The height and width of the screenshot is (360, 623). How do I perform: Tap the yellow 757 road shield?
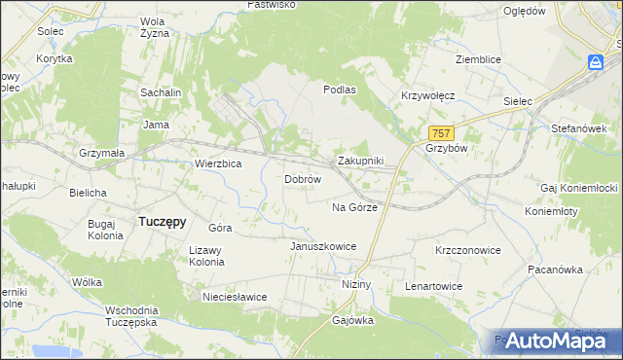(x=441, y=133)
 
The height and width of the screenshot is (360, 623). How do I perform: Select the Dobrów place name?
(x=303, y=180)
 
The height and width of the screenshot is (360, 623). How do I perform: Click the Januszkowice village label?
(x=322, y=246)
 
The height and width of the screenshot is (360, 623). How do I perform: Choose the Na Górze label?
(x=354, y=207)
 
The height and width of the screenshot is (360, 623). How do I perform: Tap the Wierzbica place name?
(x=218, y=164)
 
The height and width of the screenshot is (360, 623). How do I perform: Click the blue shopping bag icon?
(x=595, y=62)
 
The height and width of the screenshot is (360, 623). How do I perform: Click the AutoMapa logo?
(x=550, y=341)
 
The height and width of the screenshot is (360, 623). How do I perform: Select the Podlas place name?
(x=341, y=89)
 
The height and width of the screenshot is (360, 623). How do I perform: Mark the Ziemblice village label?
(x=478, y=59)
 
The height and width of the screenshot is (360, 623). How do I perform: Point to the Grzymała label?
(x=102, y=153)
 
